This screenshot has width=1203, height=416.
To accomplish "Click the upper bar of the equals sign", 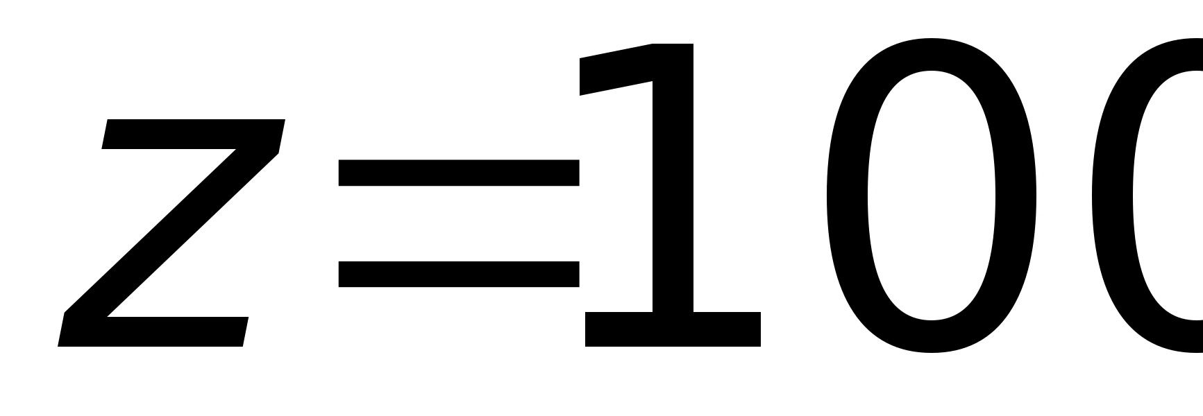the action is (458, 173).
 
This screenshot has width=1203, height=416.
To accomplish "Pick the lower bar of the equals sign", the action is (458, 274).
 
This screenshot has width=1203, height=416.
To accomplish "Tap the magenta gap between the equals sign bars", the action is (458, 223).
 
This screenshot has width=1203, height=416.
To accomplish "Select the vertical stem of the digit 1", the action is (673, 194).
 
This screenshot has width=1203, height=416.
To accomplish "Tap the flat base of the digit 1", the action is (673, 329).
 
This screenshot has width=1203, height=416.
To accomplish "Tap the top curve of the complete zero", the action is (931, 54).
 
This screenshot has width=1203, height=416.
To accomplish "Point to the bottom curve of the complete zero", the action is (931, 336).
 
